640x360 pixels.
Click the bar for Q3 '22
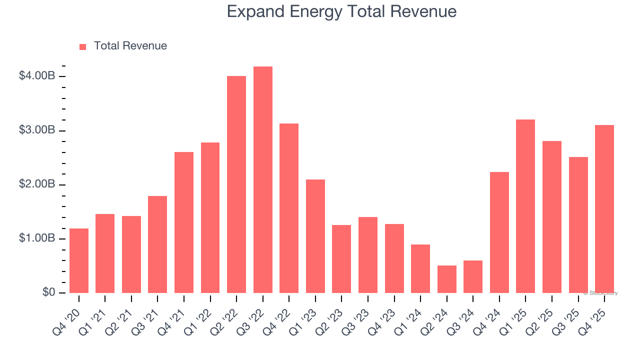tap(263, 179)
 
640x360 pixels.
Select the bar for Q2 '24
tap(446, 279)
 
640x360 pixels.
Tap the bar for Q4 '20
tap(79, 260)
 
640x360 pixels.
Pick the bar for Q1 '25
tap(525, 206)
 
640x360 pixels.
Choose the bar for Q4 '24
tap(499, 232)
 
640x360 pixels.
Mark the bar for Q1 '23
tap(315, 236)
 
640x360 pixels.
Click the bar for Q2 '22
tap(236, 184)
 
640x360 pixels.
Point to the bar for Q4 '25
tap(604, 209)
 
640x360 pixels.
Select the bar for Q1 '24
tap(420, 268)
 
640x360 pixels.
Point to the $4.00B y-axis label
tap(36, 76)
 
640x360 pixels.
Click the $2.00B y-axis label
tap(36, 184)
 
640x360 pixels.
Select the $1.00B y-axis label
tap(36, 238)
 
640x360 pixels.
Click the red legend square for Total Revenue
tap(83, 46)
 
